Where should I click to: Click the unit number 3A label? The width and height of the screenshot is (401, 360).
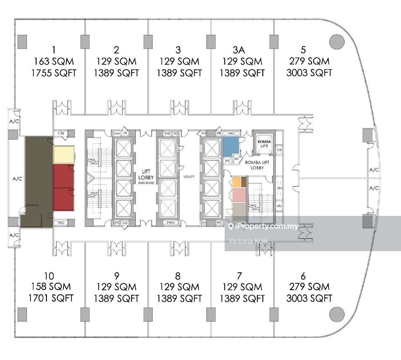point(242,50)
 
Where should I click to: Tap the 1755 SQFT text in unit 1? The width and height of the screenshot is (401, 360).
point(54,73)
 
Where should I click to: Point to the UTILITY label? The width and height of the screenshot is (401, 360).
point(189,176)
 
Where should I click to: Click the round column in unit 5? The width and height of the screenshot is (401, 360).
point(336,42)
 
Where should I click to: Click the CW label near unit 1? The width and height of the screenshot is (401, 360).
point(61,133)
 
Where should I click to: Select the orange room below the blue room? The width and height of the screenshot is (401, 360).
point(236,182)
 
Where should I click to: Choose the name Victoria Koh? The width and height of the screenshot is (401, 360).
point(248,241)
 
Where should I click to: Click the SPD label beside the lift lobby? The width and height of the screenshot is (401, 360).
point(116,223)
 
